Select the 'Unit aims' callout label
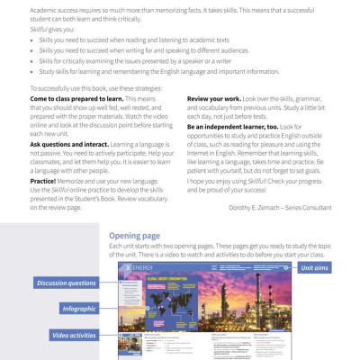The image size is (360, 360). tap(316, 268)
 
